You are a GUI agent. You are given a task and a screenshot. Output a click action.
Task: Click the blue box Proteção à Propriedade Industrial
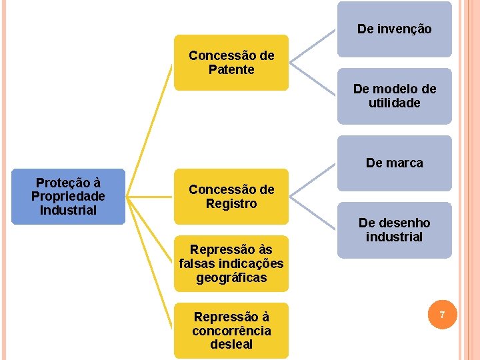(x=68, y=196)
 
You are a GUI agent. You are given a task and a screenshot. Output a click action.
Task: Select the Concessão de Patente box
(x=231, y=63)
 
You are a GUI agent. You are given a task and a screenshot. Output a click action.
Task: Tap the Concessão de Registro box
(x=231, y=196)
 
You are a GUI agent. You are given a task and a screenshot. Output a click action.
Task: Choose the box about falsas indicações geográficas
(x=231, y=263)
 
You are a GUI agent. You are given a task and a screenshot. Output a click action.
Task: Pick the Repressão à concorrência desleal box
(x=231, y=331)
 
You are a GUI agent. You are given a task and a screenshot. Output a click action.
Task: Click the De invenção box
(x=394, y=29)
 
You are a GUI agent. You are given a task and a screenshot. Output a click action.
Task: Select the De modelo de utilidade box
(x=394, y=96)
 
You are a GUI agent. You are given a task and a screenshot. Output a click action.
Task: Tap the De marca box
(x=394, y=163)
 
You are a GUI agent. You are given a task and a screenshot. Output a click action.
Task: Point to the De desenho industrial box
(x=394, y=230)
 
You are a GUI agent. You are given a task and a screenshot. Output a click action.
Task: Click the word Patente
(x=231, y=69)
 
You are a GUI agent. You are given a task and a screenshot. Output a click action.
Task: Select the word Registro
(x=231, y=203)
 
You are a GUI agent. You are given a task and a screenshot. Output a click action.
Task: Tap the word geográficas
(x=231, y=278)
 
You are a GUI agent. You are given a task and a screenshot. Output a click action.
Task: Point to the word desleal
(x=231, y=345)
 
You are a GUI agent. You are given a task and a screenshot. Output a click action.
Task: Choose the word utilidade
(x=394, y=103)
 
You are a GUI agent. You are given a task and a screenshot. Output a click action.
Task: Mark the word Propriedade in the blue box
(x=68, y=197)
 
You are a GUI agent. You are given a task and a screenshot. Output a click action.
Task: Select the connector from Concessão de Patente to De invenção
(x=313, y=47)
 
